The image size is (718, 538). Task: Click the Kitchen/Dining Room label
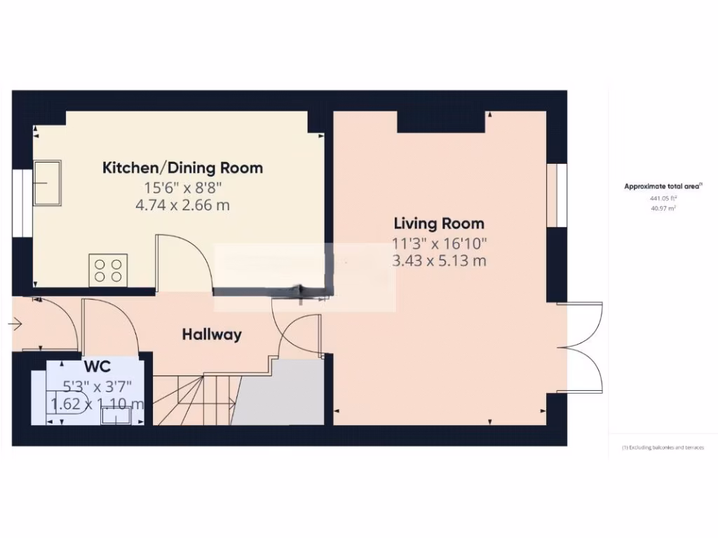click(x=183, y=168)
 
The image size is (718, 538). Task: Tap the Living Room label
click(x=439, y=224)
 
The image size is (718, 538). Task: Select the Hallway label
click(x=212, y=335)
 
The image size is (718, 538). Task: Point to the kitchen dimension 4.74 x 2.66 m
click(x=183, y=205)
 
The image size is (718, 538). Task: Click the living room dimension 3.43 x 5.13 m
click(x=439, y=261)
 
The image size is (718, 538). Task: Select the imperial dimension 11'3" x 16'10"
click(x=439, y=244)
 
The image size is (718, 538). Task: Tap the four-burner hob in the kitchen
click(x=107, y=270)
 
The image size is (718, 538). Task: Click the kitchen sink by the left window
click(x=47, y=183)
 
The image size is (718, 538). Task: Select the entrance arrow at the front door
click(x=16, y=324)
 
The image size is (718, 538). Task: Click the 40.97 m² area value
click(x=662, y=208)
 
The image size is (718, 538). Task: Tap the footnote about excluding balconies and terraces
click(x=663, y=448)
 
